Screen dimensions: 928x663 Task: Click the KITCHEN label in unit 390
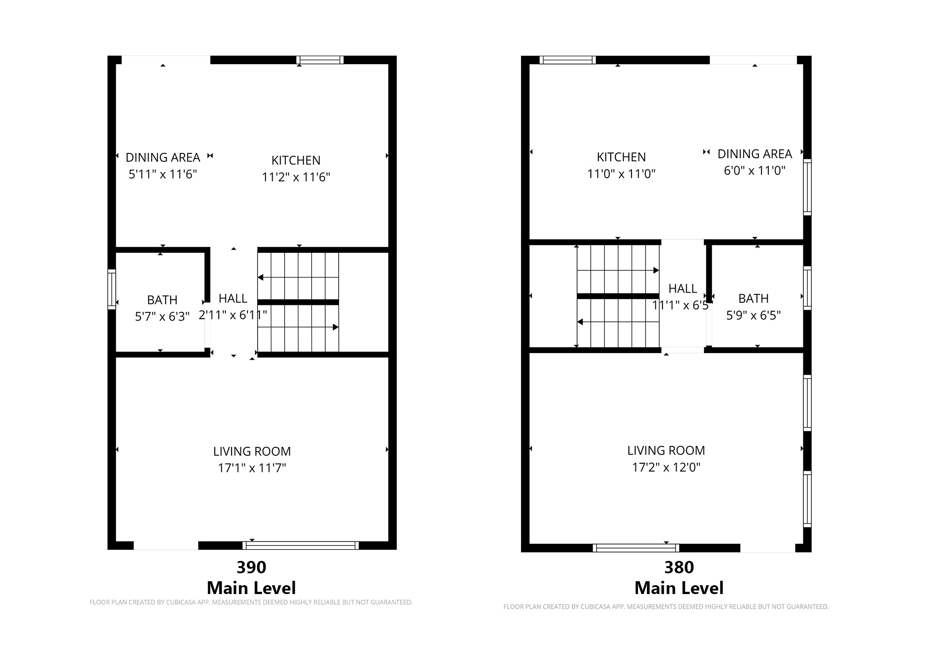tap(296, 160)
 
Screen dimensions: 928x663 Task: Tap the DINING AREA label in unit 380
tap(754, 154)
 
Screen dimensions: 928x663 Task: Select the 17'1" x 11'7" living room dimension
tap(252, 468)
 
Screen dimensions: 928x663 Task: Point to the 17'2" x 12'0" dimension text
tap(666, 467)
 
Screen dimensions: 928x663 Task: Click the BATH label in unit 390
tap(162, 300)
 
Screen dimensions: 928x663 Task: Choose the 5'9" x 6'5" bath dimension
tap(753, 315)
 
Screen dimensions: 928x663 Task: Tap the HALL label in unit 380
tap(683, 289)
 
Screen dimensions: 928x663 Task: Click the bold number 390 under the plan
tap(251, 567)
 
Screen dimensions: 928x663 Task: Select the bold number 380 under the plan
tap(679, 567)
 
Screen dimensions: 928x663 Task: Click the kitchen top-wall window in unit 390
tap(320, 60)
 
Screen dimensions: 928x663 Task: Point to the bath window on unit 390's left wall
tap(112, 290)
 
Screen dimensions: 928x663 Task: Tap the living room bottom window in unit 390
tap(300, 545)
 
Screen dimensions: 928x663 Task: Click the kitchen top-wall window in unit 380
tap(567, 60)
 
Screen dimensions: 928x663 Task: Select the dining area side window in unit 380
tap(807, 187)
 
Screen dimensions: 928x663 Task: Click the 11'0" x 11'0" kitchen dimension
tap(621, 174)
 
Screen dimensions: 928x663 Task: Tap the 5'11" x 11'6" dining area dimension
tap(163, 174)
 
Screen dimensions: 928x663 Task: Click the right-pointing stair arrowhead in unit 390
tap(335, 327)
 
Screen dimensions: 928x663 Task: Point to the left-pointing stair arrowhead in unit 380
tap(580, 322)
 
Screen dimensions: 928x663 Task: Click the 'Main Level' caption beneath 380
tap(679, 588)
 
